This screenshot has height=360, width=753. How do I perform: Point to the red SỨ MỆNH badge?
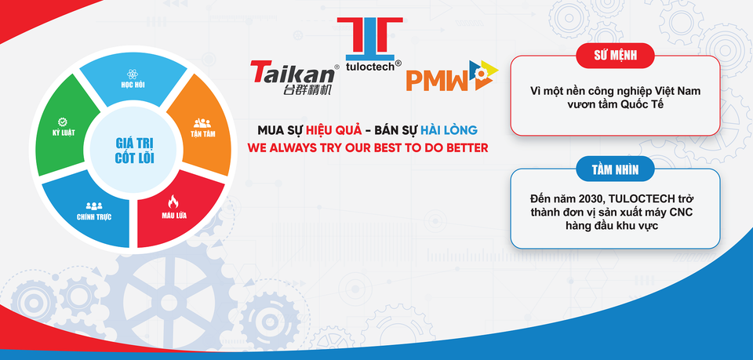click(x=616, y=54)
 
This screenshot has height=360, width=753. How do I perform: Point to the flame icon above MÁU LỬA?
click(x=175, y=203)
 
